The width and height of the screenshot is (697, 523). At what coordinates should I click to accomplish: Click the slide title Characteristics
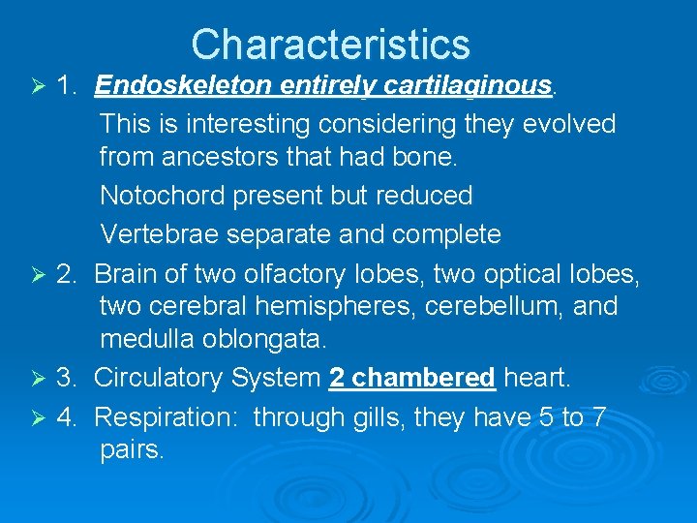coord(330,45)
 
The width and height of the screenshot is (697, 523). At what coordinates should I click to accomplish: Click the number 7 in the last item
coord(599,416)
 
